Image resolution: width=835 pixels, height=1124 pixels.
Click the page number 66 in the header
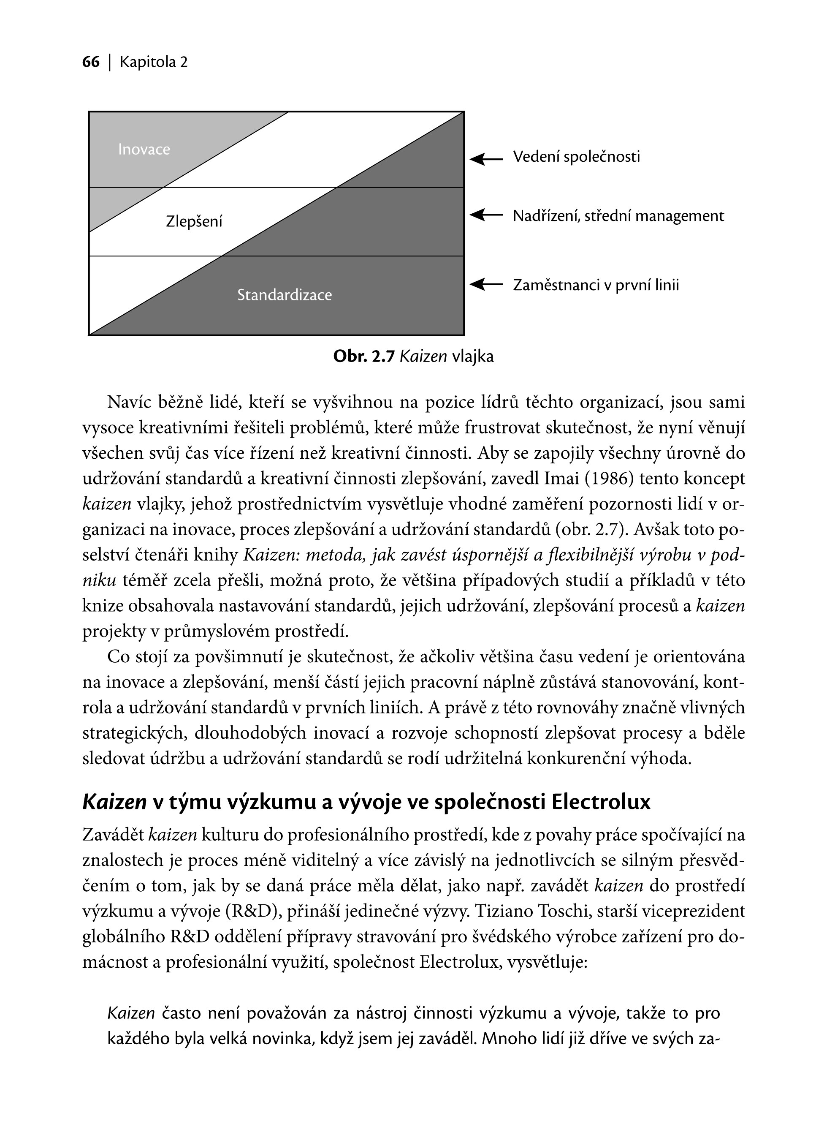91,62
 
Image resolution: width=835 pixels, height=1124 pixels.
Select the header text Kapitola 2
154,62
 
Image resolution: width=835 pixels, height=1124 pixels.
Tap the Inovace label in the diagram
144,149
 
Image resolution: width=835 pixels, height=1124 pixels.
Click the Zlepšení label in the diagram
194,221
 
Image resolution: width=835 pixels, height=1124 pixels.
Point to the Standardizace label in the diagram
285,295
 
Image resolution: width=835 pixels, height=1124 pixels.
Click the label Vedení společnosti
576,157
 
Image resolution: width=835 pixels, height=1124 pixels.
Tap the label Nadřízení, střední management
618,216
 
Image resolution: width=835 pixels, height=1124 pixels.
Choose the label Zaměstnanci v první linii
596,285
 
